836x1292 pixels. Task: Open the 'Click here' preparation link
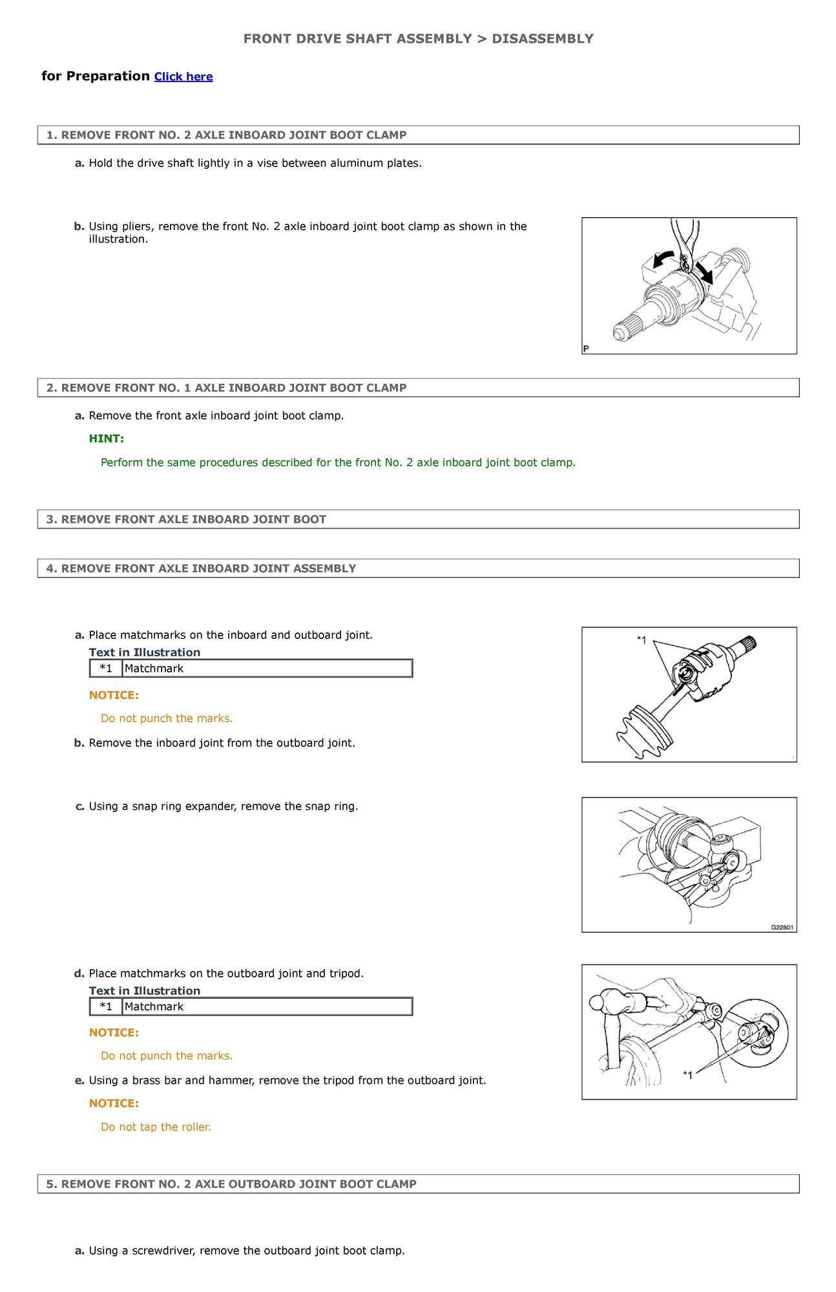click(183, 77)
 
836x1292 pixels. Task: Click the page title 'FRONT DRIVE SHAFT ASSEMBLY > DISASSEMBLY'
click(418, 39)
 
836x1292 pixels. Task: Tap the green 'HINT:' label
click(107, 439)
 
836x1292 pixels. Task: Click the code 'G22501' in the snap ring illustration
click(782, 927)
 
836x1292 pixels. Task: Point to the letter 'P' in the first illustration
click(586, 349)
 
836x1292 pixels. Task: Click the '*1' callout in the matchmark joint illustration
click(641, 640)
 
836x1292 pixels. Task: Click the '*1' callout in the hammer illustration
click(687, 1075)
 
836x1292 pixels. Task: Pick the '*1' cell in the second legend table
click(106, 1006)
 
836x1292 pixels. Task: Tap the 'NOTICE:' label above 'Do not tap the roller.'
click(114, 1103)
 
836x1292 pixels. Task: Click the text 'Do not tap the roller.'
click(156, 1127)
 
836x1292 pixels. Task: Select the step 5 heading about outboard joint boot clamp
click(231, 1184)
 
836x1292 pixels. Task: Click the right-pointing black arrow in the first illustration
click(704, 273)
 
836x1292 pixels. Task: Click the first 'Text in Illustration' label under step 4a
click(145, 652)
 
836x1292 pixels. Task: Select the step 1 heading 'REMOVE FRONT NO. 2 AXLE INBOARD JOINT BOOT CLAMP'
click(227, 135)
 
